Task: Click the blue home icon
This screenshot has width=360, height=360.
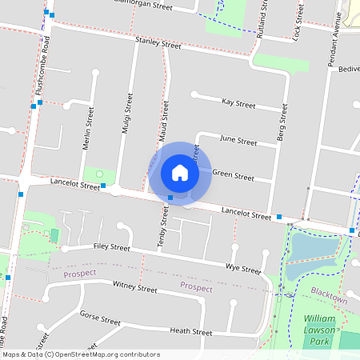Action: point(180,172)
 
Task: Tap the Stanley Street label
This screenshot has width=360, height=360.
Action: point(158,43)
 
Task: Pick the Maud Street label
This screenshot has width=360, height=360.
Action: point(164,123)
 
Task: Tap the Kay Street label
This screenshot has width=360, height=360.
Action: point(238,104)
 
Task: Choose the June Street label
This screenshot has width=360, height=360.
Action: point(238,141)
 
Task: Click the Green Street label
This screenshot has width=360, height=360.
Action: point(233,175)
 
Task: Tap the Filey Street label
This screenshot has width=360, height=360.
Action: point(111,246)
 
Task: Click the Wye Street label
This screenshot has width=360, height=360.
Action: point(243,268)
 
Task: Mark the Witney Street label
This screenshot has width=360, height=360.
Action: point(134,287)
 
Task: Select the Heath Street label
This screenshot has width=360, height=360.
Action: point(191,332)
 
